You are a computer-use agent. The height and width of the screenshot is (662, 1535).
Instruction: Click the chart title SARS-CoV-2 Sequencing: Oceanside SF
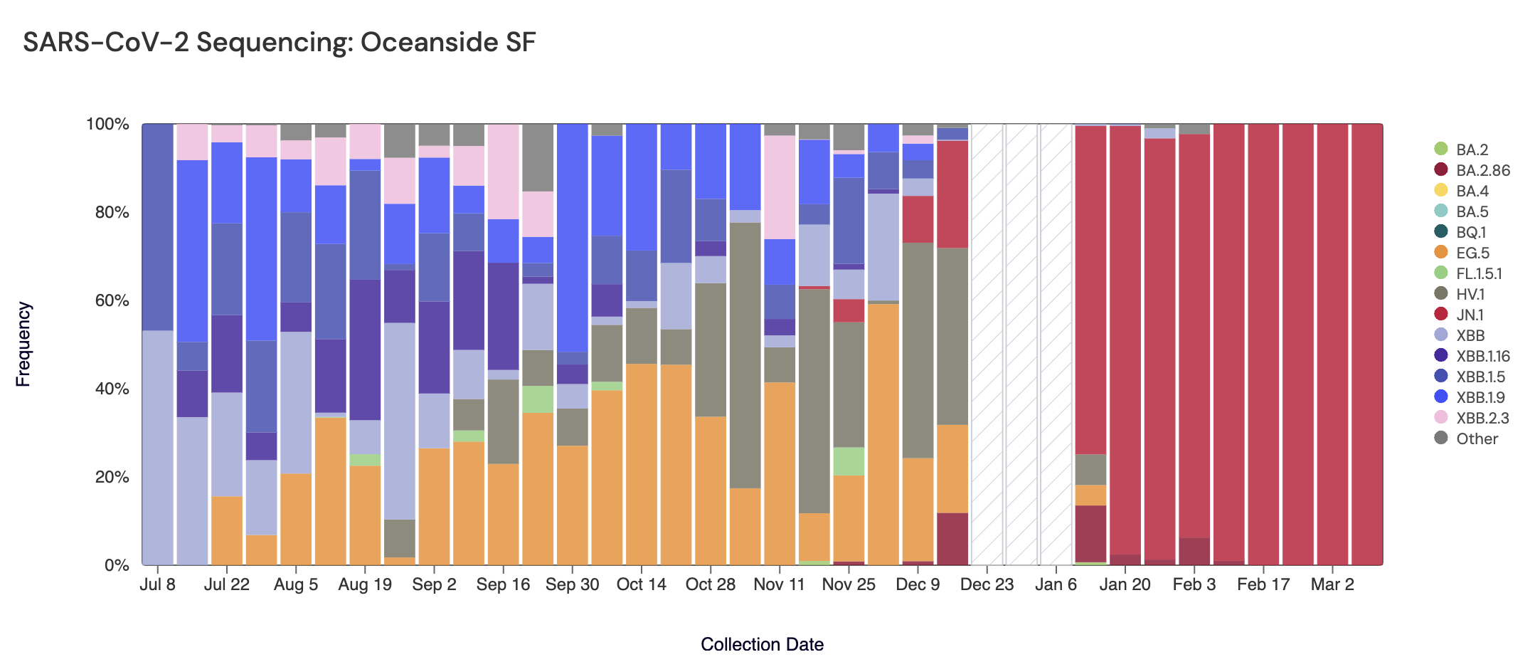pyautogui.click(x=279, y=43)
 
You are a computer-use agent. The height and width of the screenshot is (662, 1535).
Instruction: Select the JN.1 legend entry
pyautogui.click(x=1470, y=315)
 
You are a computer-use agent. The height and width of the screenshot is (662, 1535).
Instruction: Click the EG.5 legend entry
pyautogui.click(x=1472, y=253)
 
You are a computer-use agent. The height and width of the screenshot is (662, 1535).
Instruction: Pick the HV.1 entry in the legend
pyautogui.click(x=1470, y=294)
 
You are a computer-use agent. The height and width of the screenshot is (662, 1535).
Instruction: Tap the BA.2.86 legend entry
pyautogui.click(x=1482, y=170)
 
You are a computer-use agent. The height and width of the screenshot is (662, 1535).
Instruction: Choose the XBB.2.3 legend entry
pyautogui.click(x=1482, y=418)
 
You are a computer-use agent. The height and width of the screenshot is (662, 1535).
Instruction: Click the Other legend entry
pyautogui.click(x=1477, y=438)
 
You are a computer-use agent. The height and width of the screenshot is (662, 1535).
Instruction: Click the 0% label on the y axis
pyautogui.click(x=117, y=565)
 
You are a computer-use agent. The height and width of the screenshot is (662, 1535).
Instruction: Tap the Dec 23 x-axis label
pyautogui.click(x=987, y=584)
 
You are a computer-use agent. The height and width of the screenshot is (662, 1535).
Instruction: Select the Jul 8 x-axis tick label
pyautogui.click(x=158, y=584)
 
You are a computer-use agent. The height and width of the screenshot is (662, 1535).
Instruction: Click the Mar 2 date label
pyautogui.click(x=1332, y=584)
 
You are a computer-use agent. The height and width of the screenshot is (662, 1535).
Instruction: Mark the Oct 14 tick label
pyautogui.click(x=641, y=584)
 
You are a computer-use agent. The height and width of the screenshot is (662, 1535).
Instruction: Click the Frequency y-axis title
pyautogui.click(x=23, y=344)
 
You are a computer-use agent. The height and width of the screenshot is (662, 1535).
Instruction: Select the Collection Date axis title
pyautogui.click(x=762, y=644)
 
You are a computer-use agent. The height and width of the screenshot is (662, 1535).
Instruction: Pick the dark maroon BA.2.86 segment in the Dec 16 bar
pyautogui.click(x=952, y=539)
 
